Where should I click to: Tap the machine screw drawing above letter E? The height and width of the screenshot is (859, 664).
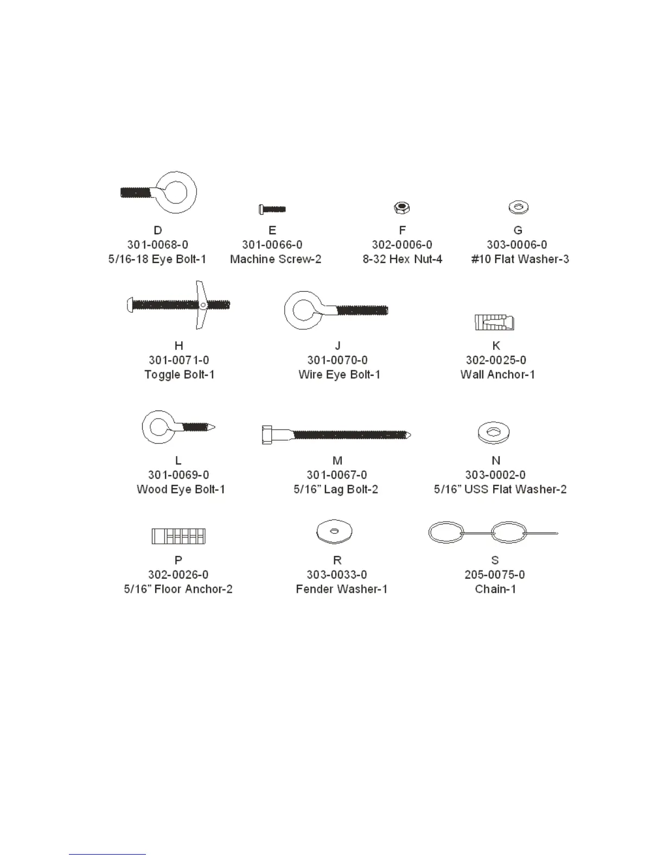pyautogui.click(x=272, y=209)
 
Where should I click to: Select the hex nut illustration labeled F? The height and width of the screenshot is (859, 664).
pyautogui.click(x=401, y=207)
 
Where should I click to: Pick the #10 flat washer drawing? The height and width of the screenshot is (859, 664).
pyautogui.click(x=518, y=207)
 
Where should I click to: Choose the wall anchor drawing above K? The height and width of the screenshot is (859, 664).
pyautogui.click(x=494, y=322)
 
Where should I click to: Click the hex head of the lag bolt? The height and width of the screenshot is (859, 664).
pyautogui.click(x=267, y=435)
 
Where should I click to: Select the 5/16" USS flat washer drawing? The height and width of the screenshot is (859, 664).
pyautogui.click(x=494, y=432)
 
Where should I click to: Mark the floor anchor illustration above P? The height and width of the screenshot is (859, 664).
pyautogui.click(x=178, y=536)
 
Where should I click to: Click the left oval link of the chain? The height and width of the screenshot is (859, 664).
pyautogui.click(x=445, y=533)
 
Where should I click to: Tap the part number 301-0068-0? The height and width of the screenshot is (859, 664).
pyautogui.click(x=157, y=245)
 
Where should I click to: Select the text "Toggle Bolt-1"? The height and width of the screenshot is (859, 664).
pyautogui.click(x=179, y=375)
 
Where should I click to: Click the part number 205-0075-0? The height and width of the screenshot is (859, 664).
pyautogui.click(x=495, y=575)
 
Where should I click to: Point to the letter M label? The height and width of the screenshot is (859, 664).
pyautogui.click(x=337, y=460)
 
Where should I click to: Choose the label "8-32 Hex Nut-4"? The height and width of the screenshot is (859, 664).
pyautogui.click(x=402, y=259)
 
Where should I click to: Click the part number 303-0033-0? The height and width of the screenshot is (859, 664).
pyautogui.click(x=337, y=575)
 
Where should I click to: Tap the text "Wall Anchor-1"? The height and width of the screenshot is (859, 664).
pyautogui.click(x=497, y=375)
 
